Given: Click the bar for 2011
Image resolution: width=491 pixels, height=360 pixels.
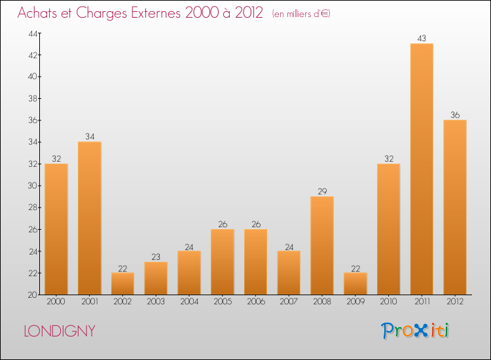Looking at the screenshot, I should pos(422,169).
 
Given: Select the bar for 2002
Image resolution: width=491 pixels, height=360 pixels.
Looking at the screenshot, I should pos(122,283).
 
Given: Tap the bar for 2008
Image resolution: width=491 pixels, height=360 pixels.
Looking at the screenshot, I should pos(322,245).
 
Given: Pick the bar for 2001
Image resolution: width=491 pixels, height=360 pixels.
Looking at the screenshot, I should pos(90,218).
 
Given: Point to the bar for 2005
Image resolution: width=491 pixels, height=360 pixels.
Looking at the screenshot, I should pos(223,262).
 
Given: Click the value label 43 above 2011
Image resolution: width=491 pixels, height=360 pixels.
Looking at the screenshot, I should pos(422,39).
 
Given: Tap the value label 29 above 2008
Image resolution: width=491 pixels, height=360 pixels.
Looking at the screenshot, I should pos(322,191).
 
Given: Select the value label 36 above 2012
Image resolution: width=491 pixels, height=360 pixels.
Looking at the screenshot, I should pos(454,115).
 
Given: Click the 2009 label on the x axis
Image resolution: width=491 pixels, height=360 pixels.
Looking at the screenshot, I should pos(355,302).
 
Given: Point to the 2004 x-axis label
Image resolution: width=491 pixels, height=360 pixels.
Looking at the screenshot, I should pos(189,302).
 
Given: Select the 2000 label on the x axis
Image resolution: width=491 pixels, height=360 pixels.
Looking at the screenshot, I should pos(56,302).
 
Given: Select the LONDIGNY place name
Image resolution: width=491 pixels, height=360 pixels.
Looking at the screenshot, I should pos(60,331).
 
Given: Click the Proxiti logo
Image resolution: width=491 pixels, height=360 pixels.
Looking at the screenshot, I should pos(416,331).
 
